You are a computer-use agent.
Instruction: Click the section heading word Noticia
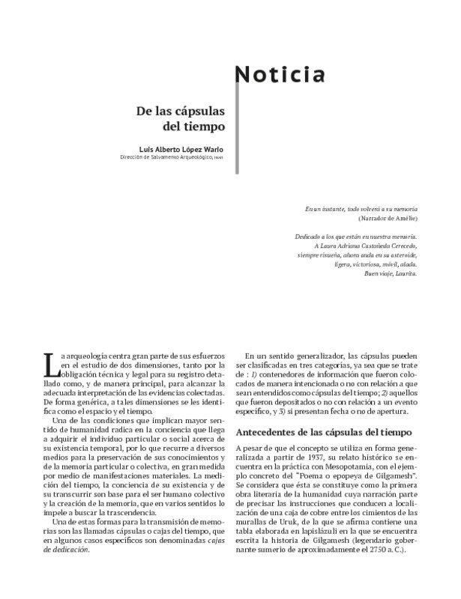281,75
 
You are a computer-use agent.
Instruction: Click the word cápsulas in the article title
197,110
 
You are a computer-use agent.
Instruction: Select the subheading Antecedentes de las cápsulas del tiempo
325,432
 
